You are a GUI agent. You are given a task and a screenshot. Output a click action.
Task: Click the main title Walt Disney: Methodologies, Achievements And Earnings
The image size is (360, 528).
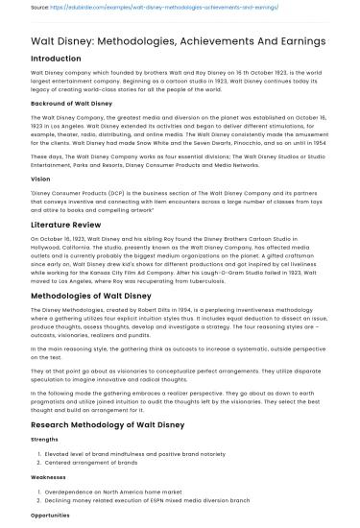click(x=178, y=41)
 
